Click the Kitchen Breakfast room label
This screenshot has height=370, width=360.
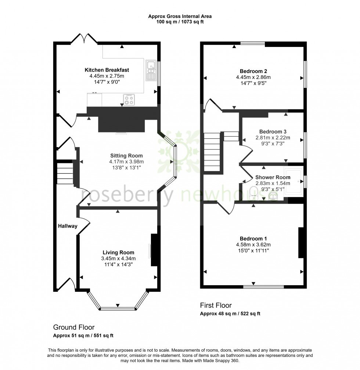(107, 70)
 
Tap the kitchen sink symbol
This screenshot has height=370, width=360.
(151, 70)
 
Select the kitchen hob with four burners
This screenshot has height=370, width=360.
(129, 100)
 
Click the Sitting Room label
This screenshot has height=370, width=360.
(126, 156)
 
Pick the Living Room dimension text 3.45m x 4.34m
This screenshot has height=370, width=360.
(118, 258)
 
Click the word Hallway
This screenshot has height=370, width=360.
(67, 226)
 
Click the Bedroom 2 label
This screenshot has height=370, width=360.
(253, 71)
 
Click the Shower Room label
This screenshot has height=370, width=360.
(273, 177)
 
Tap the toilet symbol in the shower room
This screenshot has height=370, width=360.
(253, 193)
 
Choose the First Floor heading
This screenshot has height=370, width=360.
(216, 305)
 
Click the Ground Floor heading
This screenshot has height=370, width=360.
(74, 327)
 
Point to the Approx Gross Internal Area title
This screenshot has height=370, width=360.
(180, 16)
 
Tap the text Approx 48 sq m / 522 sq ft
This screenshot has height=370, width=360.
(230, 314)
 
